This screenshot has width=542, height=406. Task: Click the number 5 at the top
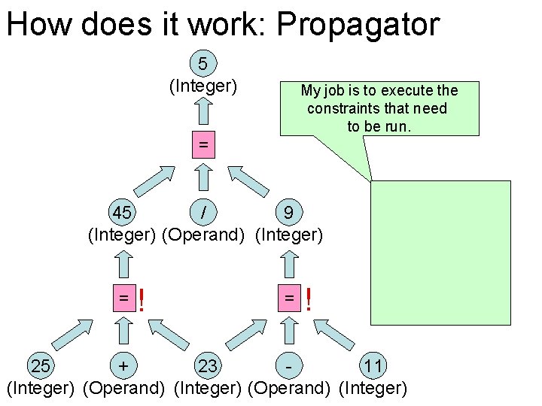point(202,63)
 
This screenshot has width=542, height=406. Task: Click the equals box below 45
point(122,298)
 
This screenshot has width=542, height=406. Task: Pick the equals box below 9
point(289,298)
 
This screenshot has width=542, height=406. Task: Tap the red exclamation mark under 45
point(142,301)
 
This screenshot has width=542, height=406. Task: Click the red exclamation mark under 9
point(308,301)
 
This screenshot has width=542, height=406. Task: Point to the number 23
point(208,367)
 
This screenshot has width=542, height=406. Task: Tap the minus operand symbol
point(289,367)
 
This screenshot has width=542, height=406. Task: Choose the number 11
point(373,367)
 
